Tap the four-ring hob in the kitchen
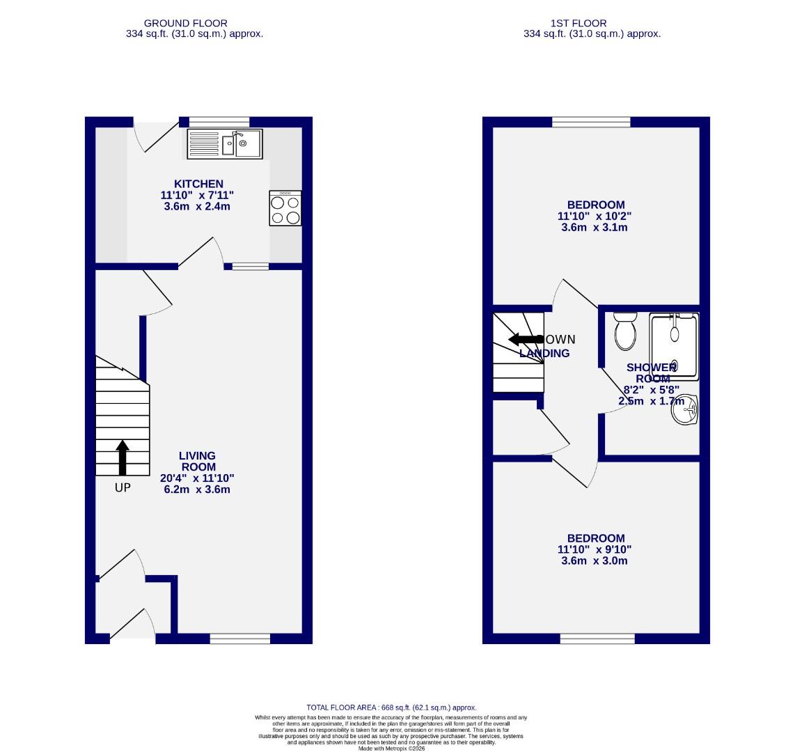tap(285, 208)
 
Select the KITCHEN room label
tap(199, 184)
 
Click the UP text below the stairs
tap(123, 488)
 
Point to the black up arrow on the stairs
tap(123, 457)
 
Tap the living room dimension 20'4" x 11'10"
tap(197, 478)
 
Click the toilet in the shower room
tap(625, 331)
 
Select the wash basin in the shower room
tap(685, 410)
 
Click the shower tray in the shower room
tap(674, 345)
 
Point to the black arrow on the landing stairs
tap(526, 340)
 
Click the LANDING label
tap(544, 353)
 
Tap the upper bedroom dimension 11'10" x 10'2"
tap(595, 216)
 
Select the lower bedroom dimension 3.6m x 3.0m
tap(595, 561)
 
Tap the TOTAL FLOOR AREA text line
tap(391, 707)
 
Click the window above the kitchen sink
tap(219, 122)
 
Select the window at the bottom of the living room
tap(240, 639)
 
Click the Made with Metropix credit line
tap(391, 748)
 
